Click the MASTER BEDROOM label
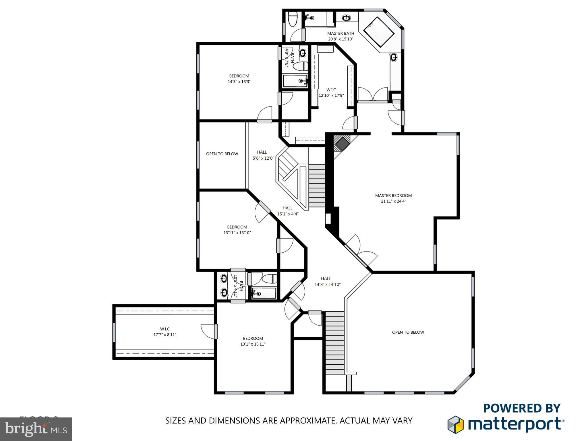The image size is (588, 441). (x=393, y=196)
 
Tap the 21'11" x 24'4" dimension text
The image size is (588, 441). (x=393, y=201)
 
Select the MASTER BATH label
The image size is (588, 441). (x=341, y=33)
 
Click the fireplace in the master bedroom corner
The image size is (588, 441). (x=342, y=144)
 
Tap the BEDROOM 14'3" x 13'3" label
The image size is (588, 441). (x=239, y=79)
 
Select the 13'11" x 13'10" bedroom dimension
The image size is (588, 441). (x=237, y=233)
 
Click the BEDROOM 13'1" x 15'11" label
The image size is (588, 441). (x=253, y=341)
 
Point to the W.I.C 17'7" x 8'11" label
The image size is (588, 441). (x=165, y=332)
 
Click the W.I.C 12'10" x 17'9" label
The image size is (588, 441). (x=331, y=92)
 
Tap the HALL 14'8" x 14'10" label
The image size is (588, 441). (x=327, y=281)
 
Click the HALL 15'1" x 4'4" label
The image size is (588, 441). (x=288, y=211)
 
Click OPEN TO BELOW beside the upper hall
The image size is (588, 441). (x=222, y=154)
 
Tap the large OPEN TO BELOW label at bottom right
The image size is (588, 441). (x=408, y=332)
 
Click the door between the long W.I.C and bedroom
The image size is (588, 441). (x=215, y=331)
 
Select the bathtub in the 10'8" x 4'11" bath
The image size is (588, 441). (x=264, y=293)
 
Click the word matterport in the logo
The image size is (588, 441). (x=514, y=424)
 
